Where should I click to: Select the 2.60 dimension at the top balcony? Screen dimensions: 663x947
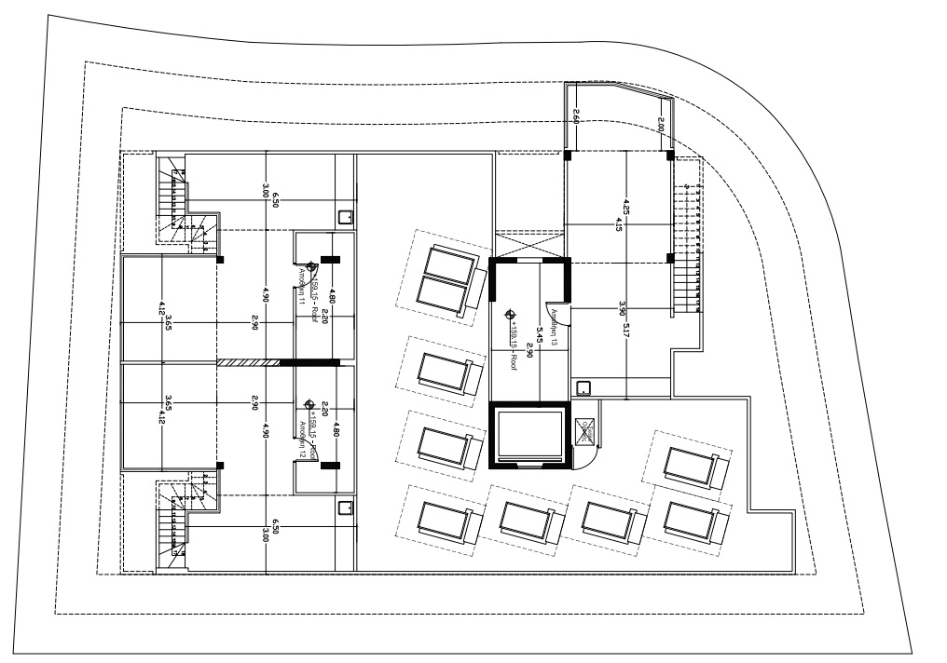point(575,117)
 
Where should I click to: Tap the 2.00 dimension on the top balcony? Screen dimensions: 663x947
point(661,124)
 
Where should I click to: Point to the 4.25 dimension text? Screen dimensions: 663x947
point(627,208)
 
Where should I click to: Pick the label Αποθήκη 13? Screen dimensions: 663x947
point(554,328)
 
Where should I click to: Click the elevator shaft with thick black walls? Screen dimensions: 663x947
point(528,435)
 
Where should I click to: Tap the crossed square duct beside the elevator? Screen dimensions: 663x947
point(586,430)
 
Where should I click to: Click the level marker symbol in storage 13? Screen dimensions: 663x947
point(509,315)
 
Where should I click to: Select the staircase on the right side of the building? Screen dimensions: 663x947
point(687,238)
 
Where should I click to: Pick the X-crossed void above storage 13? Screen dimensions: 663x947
point(528,242)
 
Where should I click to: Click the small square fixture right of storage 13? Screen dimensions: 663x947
point(584,387)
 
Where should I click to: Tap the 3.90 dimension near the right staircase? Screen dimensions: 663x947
point(623,308)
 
